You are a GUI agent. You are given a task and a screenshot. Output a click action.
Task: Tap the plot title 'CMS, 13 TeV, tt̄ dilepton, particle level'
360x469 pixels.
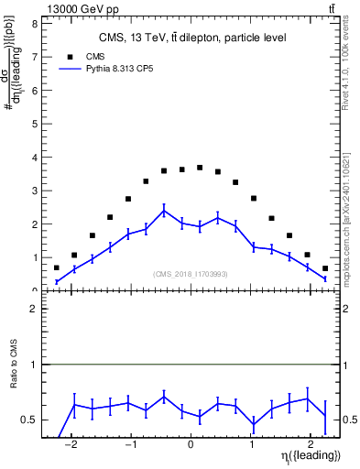192,38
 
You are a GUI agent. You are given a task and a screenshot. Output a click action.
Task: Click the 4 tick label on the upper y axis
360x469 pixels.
34,158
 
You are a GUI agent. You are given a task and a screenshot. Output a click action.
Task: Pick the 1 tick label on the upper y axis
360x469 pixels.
34,257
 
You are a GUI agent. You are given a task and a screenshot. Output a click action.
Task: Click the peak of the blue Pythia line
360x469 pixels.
164,211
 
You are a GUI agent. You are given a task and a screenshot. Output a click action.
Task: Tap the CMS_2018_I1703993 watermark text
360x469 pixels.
191,273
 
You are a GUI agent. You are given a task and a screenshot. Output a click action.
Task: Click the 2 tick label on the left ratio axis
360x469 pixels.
34,310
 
